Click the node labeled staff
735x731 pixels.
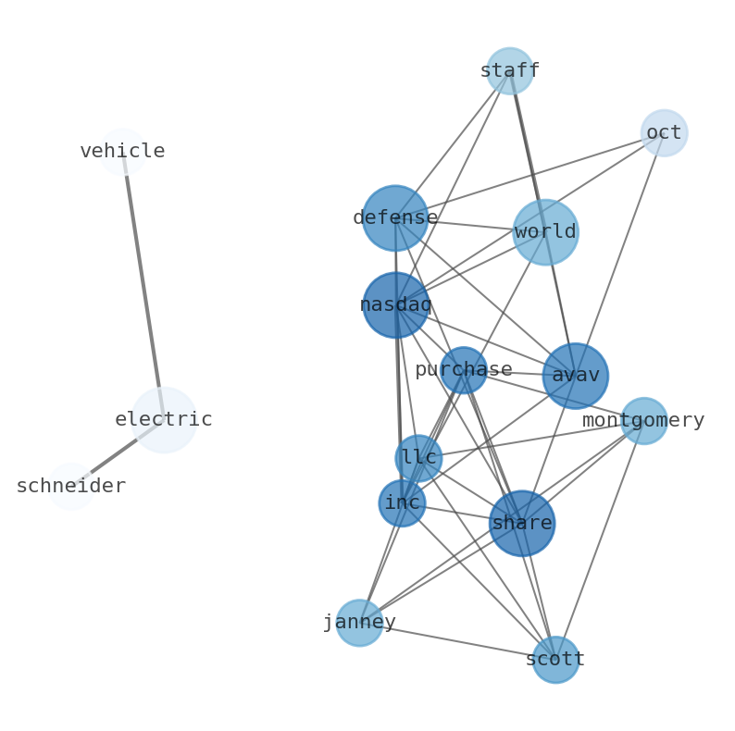tap(509, 71)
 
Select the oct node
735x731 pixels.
tap(664, 133)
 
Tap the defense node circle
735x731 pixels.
tap(395, 218)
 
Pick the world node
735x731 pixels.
tap(545, 232)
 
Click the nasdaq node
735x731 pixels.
tap(395, 304)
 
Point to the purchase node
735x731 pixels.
tap(463, 370)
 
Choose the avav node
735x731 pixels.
tap(576, 376)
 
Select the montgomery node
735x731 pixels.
tap(643, 421)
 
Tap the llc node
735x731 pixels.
tap(418, 458)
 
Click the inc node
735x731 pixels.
tap(402, 503)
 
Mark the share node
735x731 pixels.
tap(522, 524)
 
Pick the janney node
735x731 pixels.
tap(359, 623)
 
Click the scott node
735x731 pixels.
tap(555, 660)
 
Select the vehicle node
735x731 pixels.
tap(122, 152)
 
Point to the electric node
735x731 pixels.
tap(164, 420)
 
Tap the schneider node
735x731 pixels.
tap(71, 487)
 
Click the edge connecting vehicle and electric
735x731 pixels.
tap(143, 286)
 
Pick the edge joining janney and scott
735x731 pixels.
tap(457, 641)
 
